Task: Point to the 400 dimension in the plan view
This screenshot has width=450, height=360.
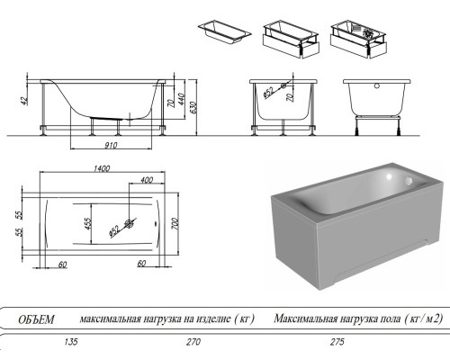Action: [145, 180]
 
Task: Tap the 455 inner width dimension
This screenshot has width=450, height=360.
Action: [87, 223]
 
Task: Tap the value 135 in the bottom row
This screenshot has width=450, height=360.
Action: [62, 343]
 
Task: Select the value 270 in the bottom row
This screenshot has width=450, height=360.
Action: [166, 343]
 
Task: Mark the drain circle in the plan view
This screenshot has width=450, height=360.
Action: [131, 222]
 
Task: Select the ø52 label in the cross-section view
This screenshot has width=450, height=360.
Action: [268, 91]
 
